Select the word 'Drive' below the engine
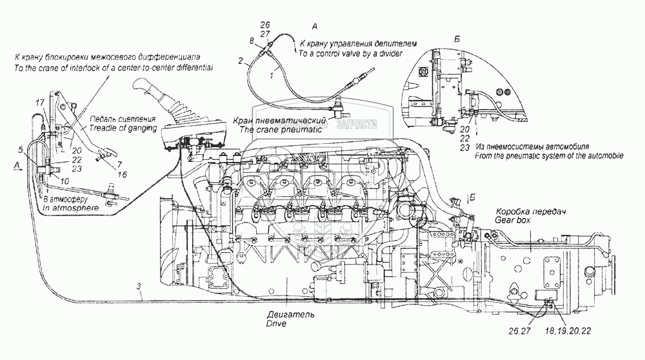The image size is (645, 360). [x=275, y=323]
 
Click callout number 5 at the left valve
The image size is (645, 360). [x=21, y=149]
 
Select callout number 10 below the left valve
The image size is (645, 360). [x=66, y=181]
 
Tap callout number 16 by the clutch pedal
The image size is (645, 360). [x=122, y=174]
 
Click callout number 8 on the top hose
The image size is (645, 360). [x=252, y=40]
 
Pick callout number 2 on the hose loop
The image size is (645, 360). [x=241, y=61]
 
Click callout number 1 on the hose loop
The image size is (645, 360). [x=271, y=75]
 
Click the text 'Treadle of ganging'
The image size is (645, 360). [x=123, y=128]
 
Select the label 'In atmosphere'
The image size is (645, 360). [x=71, y=208]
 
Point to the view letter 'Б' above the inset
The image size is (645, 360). [x=457, y=39]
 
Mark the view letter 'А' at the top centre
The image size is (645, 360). [x=315, y=26]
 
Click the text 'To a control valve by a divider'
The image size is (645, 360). [x=350, y=54]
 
